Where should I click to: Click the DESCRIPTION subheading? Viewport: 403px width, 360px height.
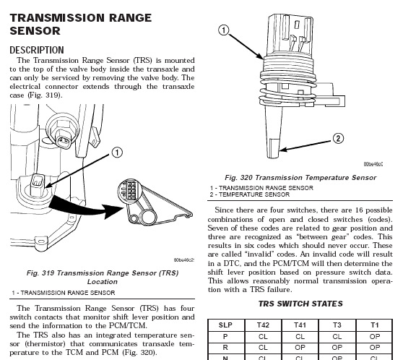(x=37, y=50)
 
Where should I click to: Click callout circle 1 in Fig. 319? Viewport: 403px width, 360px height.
(x=117, y=153)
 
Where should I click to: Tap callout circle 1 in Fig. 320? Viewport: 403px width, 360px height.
(x=224, y=30)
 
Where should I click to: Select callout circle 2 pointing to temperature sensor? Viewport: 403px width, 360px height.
(x=338, y=139)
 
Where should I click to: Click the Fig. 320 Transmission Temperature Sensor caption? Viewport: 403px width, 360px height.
(x=300, y=178)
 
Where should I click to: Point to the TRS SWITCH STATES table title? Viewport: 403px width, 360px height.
(x=300, y=304)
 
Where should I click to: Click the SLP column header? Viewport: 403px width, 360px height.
(x=225, y=325)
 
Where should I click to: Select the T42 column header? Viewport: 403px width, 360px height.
(x=263, y=325)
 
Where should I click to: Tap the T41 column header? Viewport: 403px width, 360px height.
(x=300, y=325)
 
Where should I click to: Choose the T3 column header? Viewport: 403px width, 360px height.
(x=337, y=325)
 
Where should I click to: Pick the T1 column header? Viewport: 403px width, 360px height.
(x=374, y=325)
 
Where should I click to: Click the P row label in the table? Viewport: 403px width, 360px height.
(x=225, y=336)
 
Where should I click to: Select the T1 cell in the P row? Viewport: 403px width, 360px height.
(x=374, y=336)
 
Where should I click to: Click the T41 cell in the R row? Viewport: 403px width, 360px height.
(x=300, y=348)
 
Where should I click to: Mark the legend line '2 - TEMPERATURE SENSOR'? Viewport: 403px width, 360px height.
(x=250, y=194)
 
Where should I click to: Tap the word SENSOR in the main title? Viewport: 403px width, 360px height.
(x=35, y=31)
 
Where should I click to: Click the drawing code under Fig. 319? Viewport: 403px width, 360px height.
(x=183, y=260)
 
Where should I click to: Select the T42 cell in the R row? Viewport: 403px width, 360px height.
(x=263, y=348)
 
